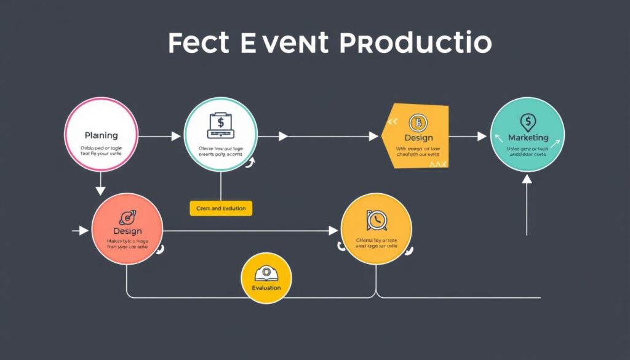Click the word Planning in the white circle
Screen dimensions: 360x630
(x=101, y=135)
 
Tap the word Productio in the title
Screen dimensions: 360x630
(x=416, y=44)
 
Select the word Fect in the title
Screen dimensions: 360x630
(x=197, y=44)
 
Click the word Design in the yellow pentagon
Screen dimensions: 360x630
(x=418, y=138)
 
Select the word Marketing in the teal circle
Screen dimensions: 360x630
(x=527, y=137)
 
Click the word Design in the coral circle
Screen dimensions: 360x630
(x=127, y=230)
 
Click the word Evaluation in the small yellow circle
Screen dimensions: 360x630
(x=266, y=288)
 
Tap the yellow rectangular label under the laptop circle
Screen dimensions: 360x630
(x=221, y=209)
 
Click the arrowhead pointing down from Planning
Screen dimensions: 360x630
(x=101, y=191)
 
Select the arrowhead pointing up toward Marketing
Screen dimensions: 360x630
(x=527, y=179)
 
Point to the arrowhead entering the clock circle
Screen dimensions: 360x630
(x=333, y=231)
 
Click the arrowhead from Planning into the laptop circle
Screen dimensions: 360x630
(x=178, y=136)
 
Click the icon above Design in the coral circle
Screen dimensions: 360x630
(x=129, y=216)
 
